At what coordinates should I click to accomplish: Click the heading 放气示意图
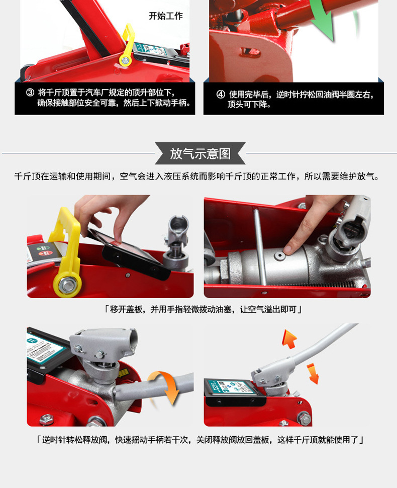pyautogui.click(x=200, y=153)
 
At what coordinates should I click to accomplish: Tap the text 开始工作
pyautogui.click(x=165, y=16)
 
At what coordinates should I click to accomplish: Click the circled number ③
pyautogui.click(x=30, y=92)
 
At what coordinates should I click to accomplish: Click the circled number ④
pyautogui.click(x=221, y=94)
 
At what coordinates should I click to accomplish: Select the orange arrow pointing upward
pyautogui.click(x=289, y=339)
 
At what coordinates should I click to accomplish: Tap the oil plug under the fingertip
pyautogui.click(x=280, y=255)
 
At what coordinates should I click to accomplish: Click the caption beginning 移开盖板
pyautogui.click(x=203, y=310)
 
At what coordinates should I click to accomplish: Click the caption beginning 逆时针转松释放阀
pyautogui.click(x=200, y=440)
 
